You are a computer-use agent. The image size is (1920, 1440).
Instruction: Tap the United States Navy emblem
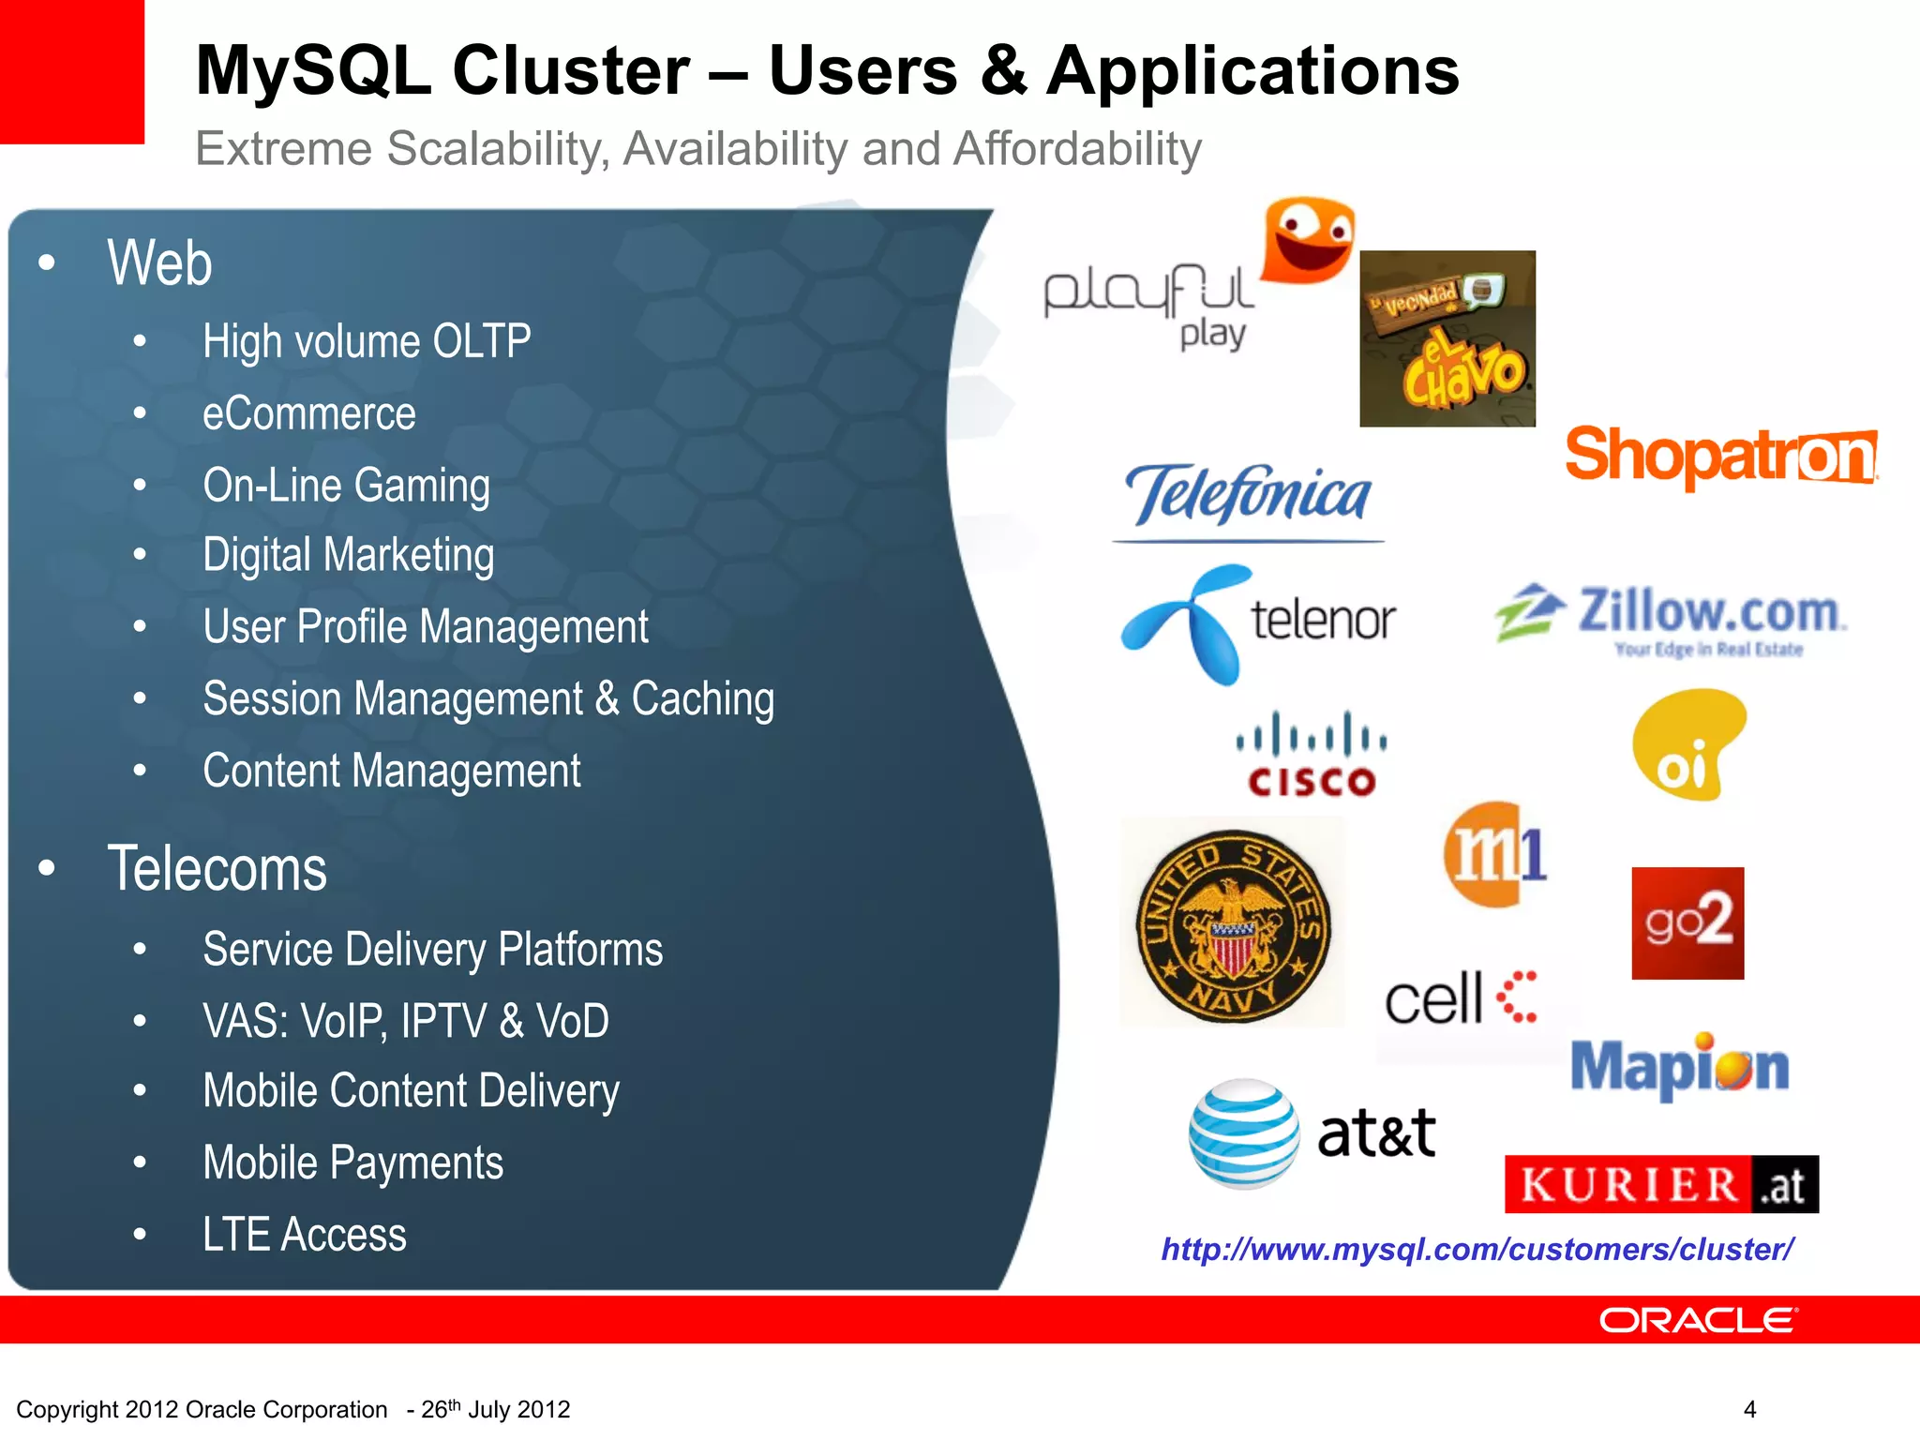coord(1233,924)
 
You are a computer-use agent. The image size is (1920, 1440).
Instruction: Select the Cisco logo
coord(1312,756)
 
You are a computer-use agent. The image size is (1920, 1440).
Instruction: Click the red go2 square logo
coord(1687,922)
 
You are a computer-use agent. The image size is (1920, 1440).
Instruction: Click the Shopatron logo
coord(1721,456)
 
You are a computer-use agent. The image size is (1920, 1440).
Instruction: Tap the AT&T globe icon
coord(1244,1133)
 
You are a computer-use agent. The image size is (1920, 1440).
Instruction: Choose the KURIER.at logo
coord(1661,1184)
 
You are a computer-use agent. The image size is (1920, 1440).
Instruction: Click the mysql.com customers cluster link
coord(1477,1249)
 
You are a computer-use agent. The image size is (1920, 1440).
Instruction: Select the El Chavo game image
coord(1447,338)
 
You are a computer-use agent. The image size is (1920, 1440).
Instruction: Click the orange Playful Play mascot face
coord(1309,239)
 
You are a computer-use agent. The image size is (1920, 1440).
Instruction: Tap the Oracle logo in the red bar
coord(1698,1320)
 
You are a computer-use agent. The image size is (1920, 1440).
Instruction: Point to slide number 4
coord(1749,1409)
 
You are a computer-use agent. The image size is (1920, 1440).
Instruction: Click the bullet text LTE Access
coord(305,1234)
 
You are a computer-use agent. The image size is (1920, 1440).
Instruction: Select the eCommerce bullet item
coord(309,413)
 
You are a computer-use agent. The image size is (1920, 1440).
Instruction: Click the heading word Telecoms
coord(217,868)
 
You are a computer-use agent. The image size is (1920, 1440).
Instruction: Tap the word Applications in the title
coord(1252,71)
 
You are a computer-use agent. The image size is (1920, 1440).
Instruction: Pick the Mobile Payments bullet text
coord(353,1162)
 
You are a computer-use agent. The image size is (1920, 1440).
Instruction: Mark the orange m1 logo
coord(1494,854)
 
